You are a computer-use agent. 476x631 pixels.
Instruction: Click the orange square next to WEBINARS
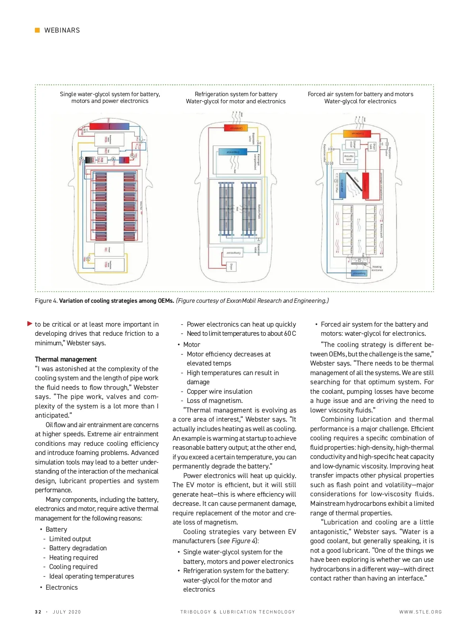point(37,30)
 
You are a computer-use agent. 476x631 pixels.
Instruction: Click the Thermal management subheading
point(65,359)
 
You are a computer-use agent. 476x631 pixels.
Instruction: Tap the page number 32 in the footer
point(38,612)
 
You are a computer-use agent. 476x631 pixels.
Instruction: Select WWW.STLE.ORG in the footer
point(420,612)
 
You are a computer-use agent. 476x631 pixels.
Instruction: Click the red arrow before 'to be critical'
point(30,324)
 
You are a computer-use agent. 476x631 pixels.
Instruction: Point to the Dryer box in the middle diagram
point(231,266)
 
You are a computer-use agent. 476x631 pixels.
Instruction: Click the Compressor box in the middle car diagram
point(233,253)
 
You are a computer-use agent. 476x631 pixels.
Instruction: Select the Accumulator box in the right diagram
point(349,158)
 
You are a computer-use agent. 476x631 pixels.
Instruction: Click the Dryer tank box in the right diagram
point(372,146)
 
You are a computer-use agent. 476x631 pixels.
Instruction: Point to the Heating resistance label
point(377,269)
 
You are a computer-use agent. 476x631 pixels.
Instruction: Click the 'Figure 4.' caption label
point(46,301)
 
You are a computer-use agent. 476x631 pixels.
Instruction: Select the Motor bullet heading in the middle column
point(192,345)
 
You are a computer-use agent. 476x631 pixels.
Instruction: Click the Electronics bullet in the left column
point(61,587)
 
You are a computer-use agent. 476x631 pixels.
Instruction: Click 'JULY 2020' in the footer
point(67,612)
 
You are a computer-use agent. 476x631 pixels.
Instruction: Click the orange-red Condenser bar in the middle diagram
point(236,128)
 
